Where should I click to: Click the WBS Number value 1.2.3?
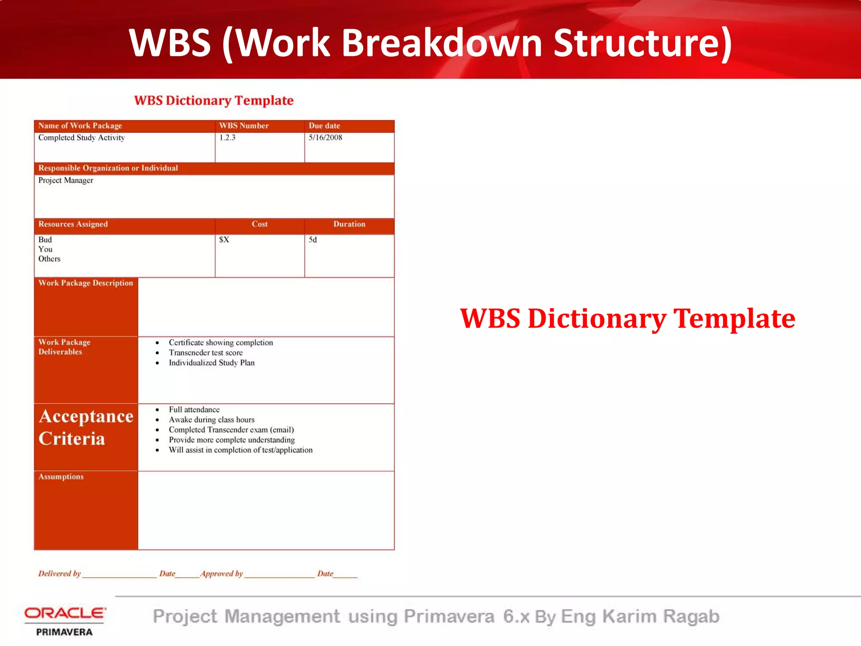pos(227,138)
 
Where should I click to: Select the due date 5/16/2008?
pos(325,138)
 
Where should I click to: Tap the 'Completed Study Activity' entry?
pos(82,138)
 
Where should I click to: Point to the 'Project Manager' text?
pos(66,180)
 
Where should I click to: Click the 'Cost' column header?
pos(259,224)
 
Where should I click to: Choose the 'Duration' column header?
pos(349,224)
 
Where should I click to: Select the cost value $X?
pos(224,240)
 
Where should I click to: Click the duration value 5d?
pos(313,240)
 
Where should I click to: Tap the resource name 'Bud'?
pos(45,240)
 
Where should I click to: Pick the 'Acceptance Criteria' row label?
pos(86,427)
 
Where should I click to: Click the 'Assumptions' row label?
pos(61,477)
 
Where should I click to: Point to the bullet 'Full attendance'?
pos(194,410)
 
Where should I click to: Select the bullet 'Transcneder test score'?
pos(206,353)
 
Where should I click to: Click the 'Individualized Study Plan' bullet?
pos(211,363)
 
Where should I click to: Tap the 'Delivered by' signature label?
pos(59,574)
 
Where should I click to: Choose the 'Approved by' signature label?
pos(222,574)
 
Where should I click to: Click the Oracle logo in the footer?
pos(65,613)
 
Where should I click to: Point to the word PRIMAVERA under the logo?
pos(64,632)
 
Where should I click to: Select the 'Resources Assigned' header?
pos(73,224)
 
